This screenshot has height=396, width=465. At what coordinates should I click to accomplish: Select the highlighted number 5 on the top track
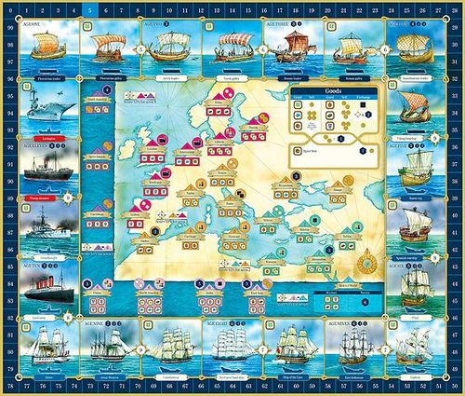(87, 8)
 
